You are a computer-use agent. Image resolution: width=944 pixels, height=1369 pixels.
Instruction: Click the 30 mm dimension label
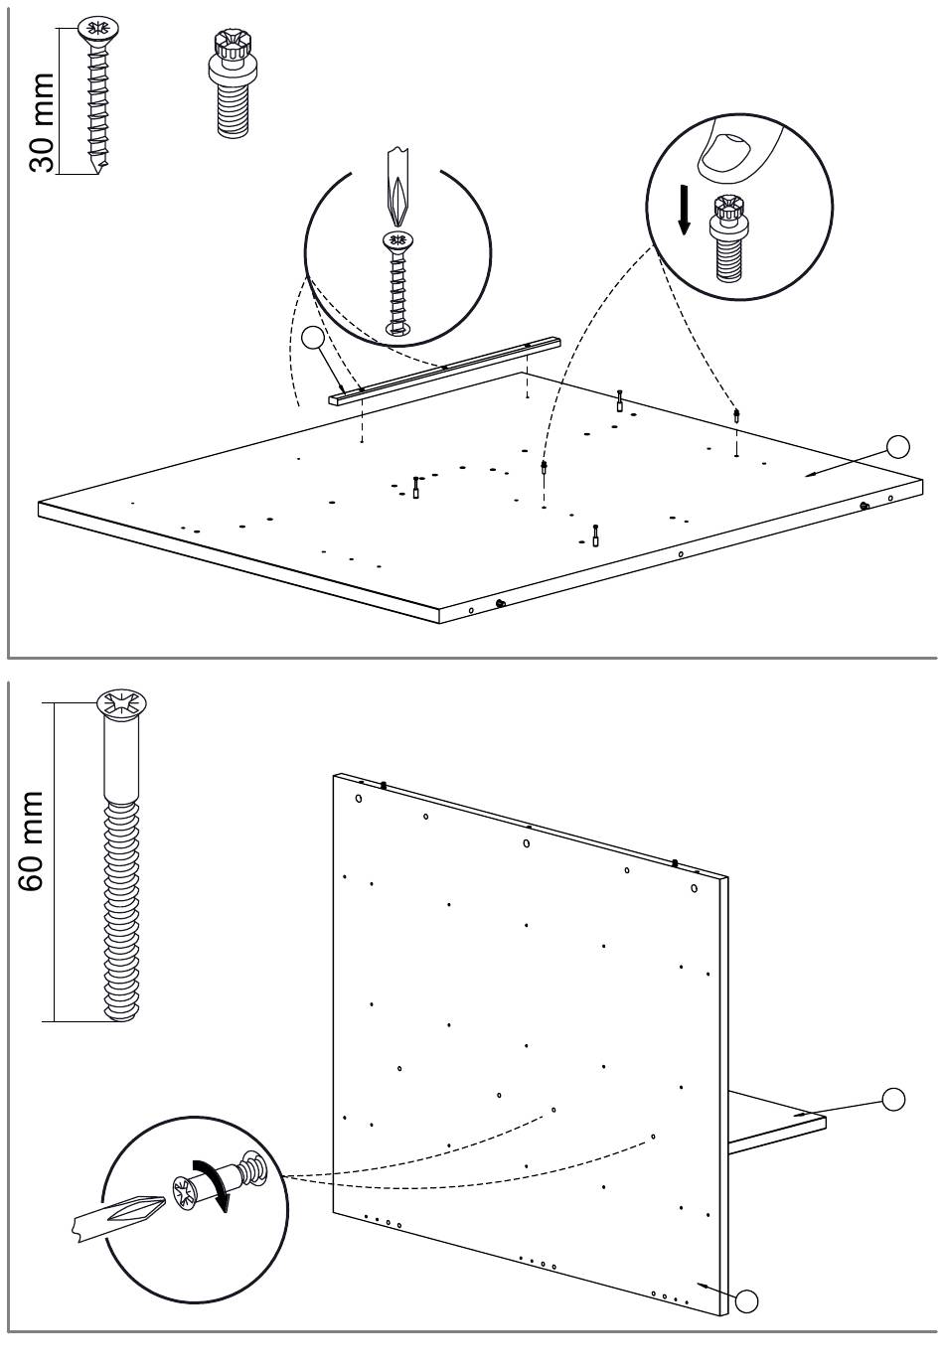coord(42,121)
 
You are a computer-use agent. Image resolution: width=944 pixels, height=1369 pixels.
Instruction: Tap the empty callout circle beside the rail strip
coord(314,339)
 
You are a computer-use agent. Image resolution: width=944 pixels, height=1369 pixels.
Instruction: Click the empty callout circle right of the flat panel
coord(898,446)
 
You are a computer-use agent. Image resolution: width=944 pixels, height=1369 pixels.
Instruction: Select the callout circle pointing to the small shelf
coord(893,1099)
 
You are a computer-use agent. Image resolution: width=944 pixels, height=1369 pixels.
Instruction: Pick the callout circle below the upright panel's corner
coord(746,1299)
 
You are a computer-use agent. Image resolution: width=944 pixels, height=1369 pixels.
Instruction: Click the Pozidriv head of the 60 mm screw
coord(121,704)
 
